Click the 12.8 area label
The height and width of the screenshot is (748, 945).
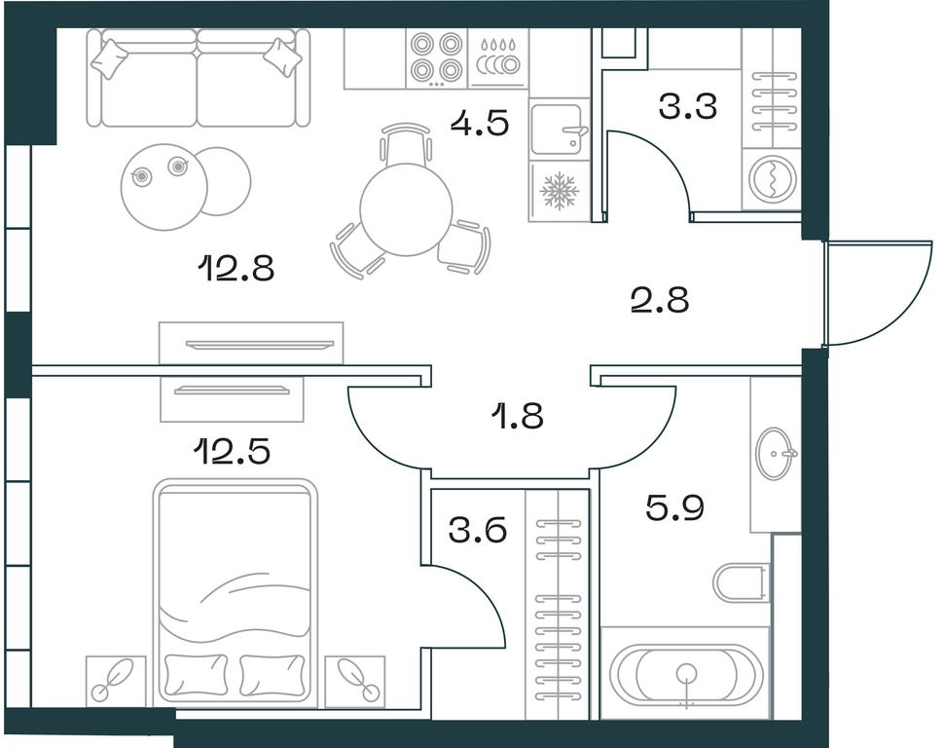tap(236, 268)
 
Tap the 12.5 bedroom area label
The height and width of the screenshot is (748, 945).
tap(232, 450)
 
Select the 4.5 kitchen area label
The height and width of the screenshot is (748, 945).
tap(481, 123)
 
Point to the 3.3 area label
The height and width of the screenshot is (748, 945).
tap(688, 106)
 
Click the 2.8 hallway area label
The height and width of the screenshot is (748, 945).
tap(659, 300)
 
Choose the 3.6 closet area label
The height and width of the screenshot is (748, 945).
tap(478, 530)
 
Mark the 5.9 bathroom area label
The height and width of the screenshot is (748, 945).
tap(675, 507)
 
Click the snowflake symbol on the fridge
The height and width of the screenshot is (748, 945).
tap(560, 191)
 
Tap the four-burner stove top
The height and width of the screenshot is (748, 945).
tap(435, 57)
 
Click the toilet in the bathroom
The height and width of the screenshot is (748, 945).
tap(742, 583)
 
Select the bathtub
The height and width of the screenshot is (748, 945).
tap(686, 674)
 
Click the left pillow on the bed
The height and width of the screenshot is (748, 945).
tap(196, 674)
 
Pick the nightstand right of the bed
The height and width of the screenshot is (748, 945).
tap(354, 682)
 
